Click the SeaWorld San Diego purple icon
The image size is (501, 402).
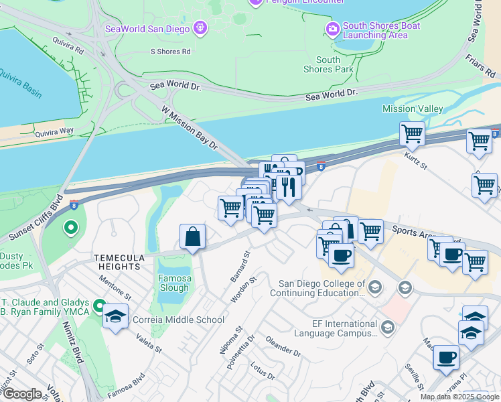coord(199,28)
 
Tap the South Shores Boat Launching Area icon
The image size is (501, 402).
coord(332,29)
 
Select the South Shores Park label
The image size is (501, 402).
coord(328,64)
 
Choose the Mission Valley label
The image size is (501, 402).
coord(413,109)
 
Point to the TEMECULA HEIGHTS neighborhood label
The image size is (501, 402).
coord(117,262)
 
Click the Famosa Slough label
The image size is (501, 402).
coord(173,283)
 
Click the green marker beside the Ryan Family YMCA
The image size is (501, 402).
coord(100,307)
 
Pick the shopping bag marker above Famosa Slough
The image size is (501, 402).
coord(192,237)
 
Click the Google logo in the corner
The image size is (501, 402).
coord(21,394)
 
